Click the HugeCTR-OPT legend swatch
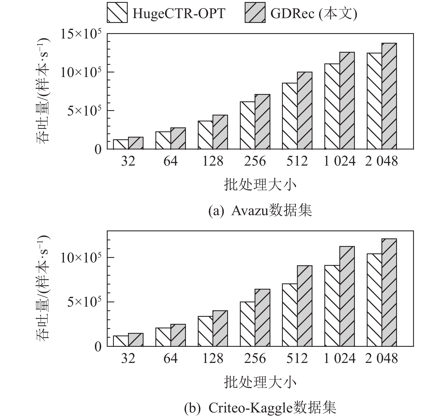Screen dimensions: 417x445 tap(117, 13)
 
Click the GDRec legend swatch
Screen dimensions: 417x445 tap(255, 13)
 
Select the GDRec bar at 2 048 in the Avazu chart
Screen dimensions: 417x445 tap(389, 96)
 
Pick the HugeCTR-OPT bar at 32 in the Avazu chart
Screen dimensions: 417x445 tap(121, 144)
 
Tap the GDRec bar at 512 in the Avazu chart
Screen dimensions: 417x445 tap(305, 110)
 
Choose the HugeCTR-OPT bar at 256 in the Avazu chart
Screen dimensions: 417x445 tap(248, 125)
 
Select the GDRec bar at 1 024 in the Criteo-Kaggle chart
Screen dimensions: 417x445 tap(347, 296)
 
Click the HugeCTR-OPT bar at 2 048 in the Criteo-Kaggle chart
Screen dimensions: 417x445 tap(374, 300)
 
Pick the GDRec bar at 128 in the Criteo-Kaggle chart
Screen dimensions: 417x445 tap(220, 328)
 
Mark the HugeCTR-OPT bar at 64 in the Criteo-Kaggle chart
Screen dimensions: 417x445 tap(163, 337)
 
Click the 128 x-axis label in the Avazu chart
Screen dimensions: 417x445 tap(212, 161)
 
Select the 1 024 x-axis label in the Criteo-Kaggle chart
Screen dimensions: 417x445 tap(339, 359)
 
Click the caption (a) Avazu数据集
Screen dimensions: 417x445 tap(260, 211)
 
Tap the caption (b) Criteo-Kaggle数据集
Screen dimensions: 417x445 tap(260, 408)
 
